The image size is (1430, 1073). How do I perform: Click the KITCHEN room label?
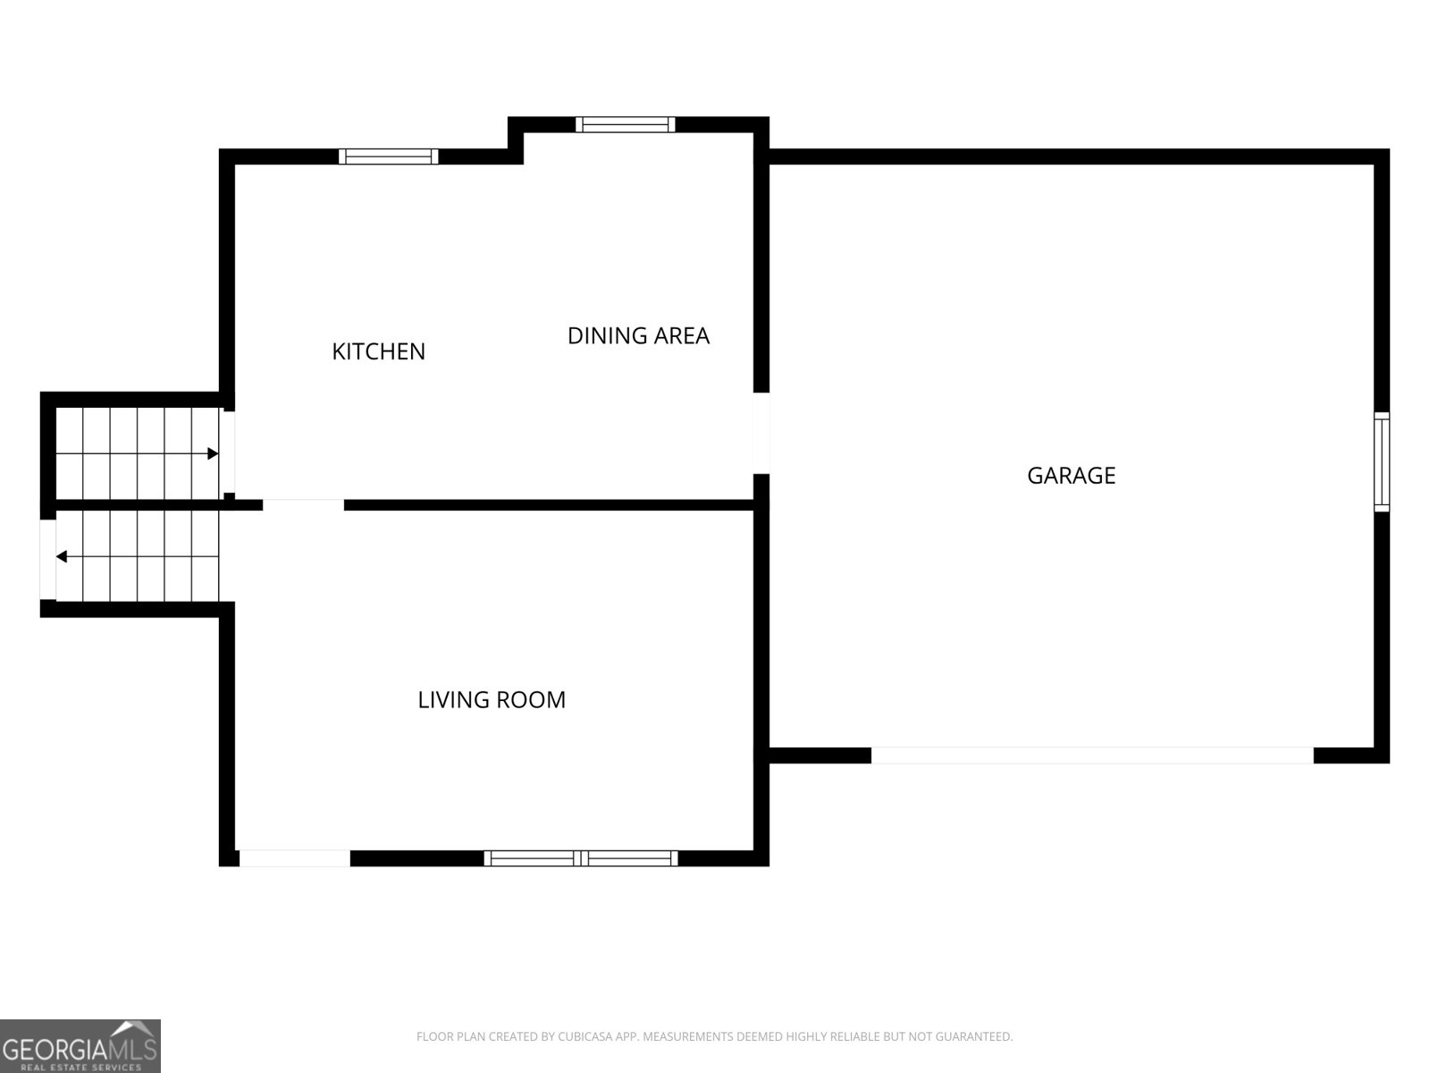tap(378, 351)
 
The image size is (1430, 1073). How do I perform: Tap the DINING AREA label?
tap(638, 336)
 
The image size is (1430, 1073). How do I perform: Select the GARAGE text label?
tap(1071, 476)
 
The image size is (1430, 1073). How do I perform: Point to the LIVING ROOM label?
tap(492, 699)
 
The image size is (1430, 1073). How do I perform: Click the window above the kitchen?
tap(389, 156)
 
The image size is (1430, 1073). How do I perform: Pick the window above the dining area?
tap(626, 124)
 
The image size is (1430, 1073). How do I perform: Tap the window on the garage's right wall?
tap(1382, 461)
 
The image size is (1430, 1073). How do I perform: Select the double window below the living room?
tap(581, 858)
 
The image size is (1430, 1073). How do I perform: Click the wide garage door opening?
tap(1092, 756)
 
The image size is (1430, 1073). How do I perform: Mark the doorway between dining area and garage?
tap(761, 433)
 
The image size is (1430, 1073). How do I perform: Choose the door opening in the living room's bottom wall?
tap(294, 858)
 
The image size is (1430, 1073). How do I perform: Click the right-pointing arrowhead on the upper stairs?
tap(213, 454)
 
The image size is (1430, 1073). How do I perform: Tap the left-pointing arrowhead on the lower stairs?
tap(62, 557)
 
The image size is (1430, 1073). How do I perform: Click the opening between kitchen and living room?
tap(303, 505)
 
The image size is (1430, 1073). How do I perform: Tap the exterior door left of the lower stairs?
tap(47, 560)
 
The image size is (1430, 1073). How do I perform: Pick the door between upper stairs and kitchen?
tap(229, 452)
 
